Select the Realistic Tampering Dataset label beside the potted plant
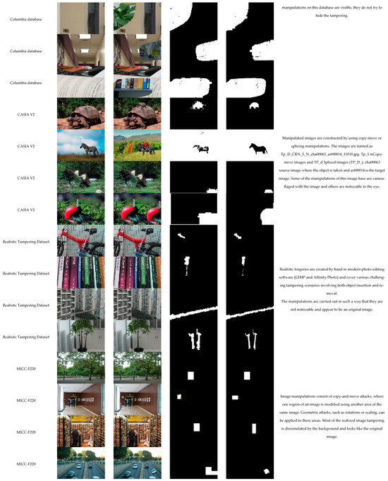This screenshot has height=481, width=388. pyautogui.click(x=29, y=337)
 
